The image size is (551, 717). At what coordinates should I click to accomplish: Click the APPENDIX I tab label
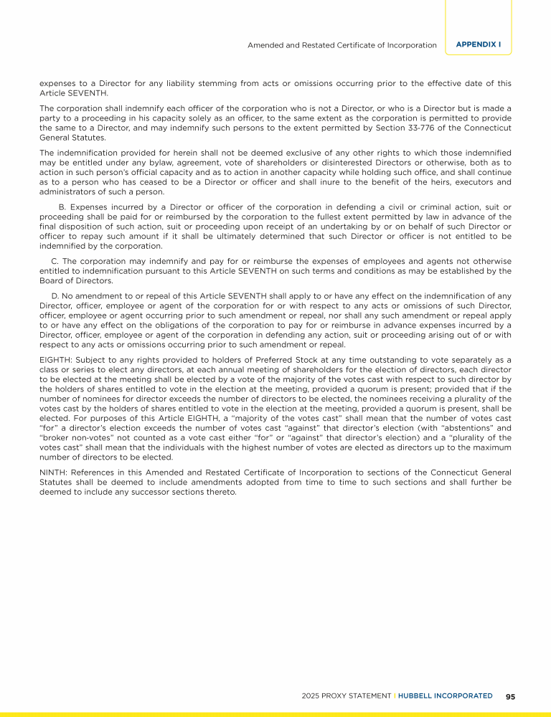(x=479, y=44)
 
